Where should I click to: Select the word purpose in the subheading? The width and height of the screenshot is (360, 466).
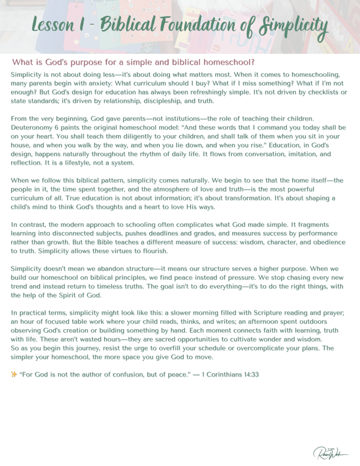(x=85, y=61)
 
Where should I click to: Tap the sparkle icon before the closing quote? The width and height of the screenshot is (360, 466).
(x=14, y=374)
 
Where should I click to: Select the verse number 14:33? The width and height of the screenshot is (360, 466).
(x=249, y=374)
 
